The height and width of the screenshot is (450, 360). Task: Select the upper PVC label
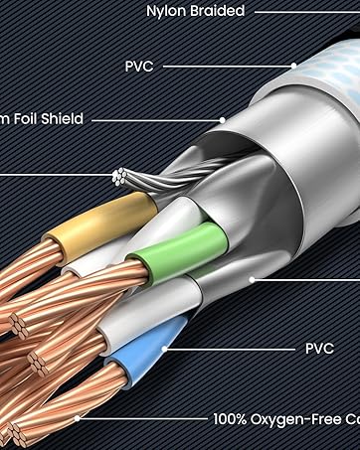coord(139,67)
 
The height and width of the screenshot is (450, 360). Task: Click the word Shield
coord(59,119)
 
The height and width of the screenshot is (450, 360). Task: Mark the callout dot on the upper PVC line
coord(294,66)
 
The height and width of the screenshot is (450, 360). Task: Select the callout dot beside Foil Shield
coord(224,120)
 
